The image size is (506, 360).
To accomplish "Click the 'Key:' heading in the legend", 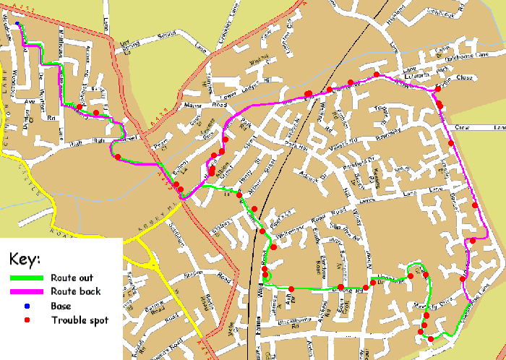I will (x=25, y=259).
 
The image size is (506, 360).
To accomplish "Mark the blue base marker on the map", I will (x=17, y=24).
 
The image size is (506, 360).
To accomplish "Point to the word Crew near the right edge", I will (x=463, y=128).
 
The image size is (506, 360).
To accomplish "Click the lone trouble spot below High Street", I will (x=116, y=157).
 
